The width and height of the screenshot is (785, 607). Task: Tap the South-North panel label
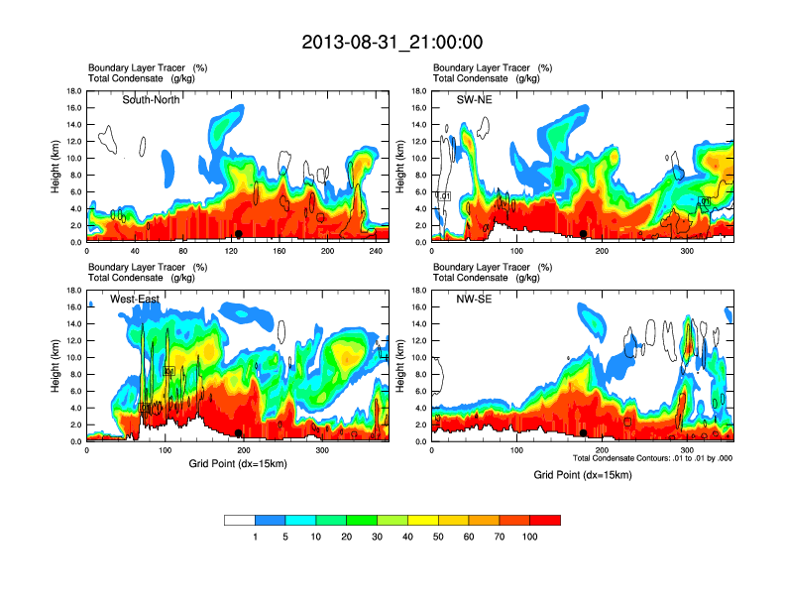point(151,99)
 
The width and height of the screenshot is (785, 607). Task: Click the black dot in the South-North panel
point(238,234)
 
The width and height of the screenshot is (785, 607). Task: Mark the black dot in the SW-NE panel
point(584,234)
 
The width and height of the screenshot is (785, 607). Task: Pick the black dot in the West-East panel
point(239,433)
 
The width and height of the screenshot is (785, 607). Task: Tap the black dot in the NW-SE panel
point(584,433)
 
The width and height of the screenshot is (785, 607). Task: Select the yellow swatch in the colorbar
point(423,520)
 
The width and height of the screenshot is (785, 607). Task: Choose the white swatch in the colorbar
point(240,520)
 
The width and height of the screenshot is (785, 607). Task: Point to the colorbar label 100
point(530,536)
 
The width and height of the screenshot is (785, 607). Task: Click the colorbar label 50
point(438,536)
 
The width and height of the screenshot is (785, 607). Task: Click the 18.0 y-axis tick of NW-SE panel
point(420,291)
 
